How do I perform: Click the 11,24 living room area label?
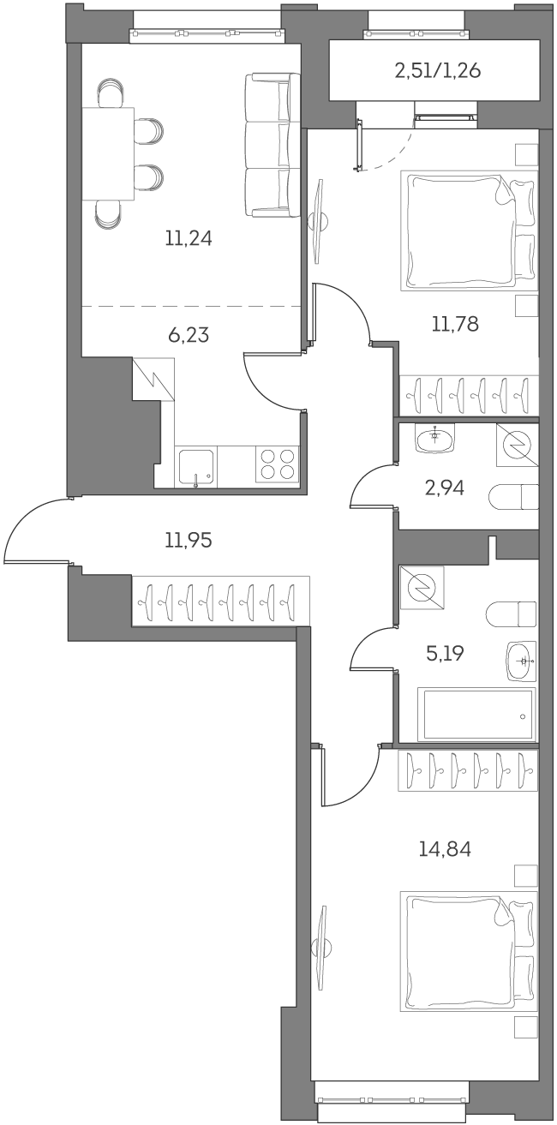click(188, 238)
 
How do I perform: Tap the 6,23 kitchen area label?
click(189, 334)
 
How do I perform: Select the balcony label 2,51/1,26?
click(437, 70)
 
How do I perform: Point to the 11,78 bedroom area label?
click(455, 324)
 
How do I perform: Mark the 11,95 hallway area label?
click(188, 540)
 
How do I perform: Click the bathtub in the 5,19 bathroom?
click(476, 714)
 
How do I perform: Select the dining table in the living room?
click(109, 154)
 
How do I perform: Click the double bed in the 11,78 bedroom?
click(470, 231)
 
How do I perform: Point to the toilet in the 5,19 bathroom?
click(512, 613)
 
